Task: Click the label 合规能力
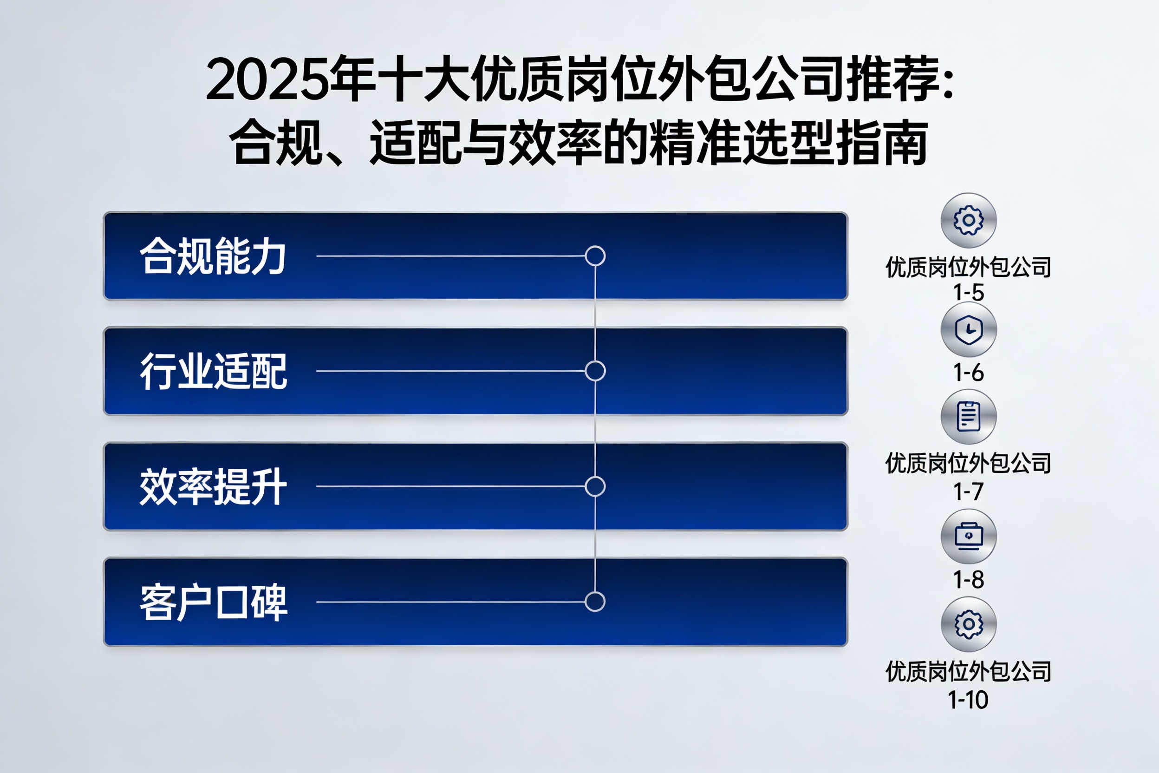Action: (x=213, y=256)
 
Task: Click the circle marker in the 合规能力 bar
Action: (x=595, y=256)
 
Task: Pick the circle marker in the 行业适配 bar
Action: (x=595, y=371)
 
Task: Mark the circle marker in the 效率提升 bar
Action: (x=595, y=486)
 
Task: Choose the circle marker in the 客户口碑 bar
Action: (x=595, y=602)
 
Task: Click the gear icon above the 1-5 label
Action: (x=969, y=220)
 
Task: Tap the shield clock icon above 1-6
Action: (x=969, y=329)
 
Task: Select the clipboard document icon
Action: (x=969, y=417)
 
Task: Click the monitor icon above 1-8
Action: (x=969, y=537)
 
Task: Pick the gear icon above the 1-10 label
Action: (x=969, y=624)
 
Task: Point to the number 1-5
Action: (x=969, y=292)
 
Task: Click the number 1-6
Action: (x=969, y=373)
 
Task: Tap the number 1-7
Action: (x=969, y=491)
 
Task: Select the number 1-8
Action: (x=969, y=580)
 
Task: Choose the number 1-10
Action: (x=968, y=700)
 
